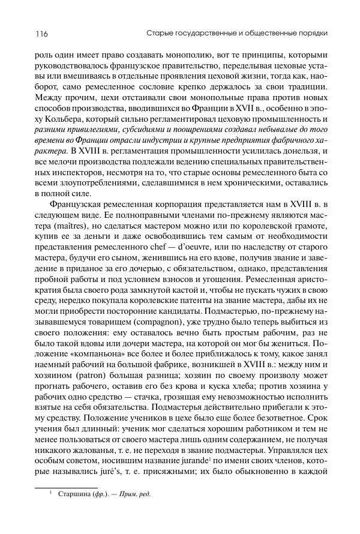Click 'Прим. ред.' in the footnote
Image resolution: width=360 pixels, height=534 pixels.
(135, 510)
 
